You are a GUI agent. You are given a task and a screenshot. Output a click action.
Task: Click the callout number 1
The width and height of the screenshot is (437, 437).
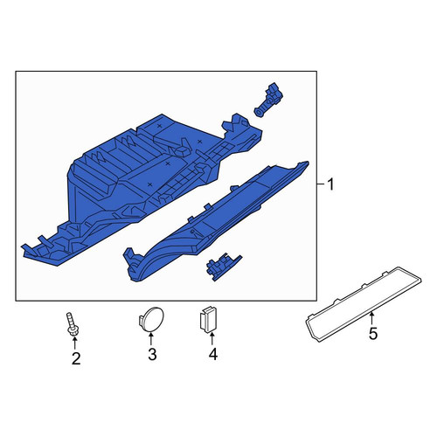click(330, 184)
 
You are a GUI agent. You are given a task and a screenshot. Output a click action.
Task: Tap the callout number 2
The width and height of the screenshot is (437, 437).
click(76, 358)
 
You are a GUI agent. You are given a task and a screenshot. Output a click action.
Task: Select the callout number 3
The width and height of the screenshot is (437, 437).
click(152, 354)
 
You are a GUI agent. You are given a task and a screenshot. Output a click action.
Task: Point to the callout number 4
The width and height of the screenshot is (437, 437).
click(213, 354)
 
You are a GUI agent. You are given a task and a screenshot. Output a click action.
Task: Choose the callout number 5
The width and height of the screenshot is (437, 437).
click(373, 334)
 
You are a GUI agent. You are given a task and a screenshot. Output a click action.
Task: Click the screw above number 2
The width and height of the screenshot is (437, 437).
click(72, 324)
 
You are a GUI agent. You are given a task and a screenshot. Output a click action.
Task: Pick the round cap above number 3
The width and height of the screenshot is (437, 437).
click(151, 319)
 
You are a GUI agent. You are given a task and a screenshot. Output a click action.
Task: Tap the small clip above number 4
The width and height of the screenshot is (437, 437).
click(207, 319)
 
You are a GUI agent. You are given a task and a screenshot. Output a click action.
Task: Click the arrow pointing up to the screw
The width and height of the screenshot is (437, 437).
click(74, 343)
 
